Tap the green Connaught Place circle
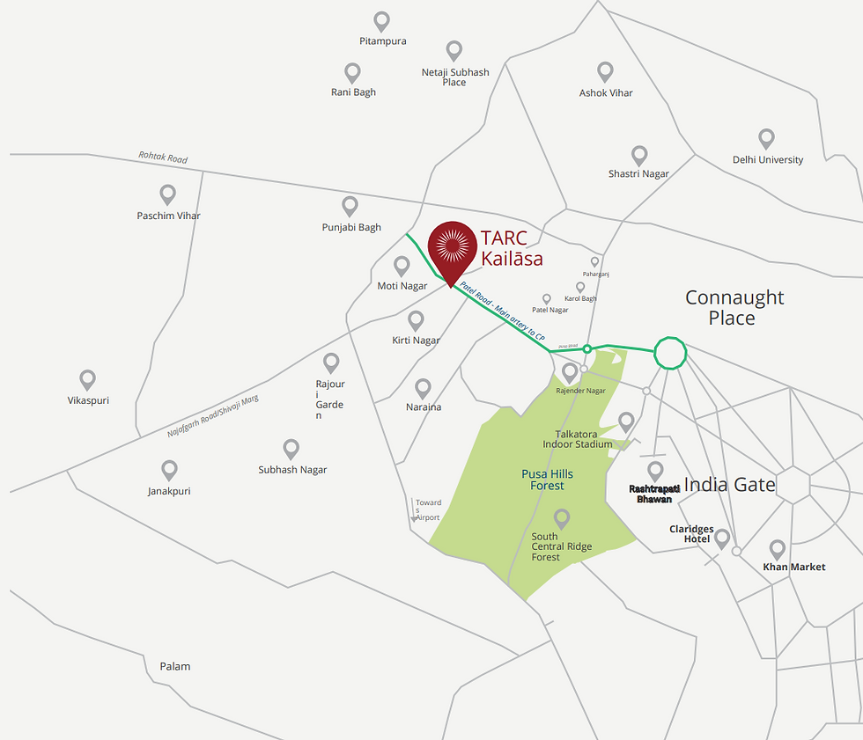[x=669, y=352]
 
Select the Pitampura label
[x=382, y=41]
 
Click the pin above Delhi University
[x=766, y=139]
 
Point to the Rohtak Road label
[x=163, y=158]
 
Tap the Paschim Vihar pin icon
[x=168, y=194]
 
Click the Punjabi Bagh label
[x=351, y=227]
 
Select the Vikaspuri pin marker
[x=87, y=379]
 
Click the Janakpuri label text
[x=169, y=491]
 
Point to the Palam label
[x=174, y=666]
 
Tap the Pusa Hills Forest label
[x=547, y=480]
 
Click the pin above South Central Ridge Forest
[x=561, y=518]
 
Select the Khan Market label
[x=794, y=567]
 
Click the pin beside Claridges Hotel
[x=722, y=539]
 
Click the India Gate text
[x=729, y=485]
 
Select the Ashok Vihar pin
[x=605, y=71]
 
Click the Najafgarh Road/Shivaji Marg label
[x=213, y=417]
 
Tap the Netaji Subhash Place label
[x=454, y=77]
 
